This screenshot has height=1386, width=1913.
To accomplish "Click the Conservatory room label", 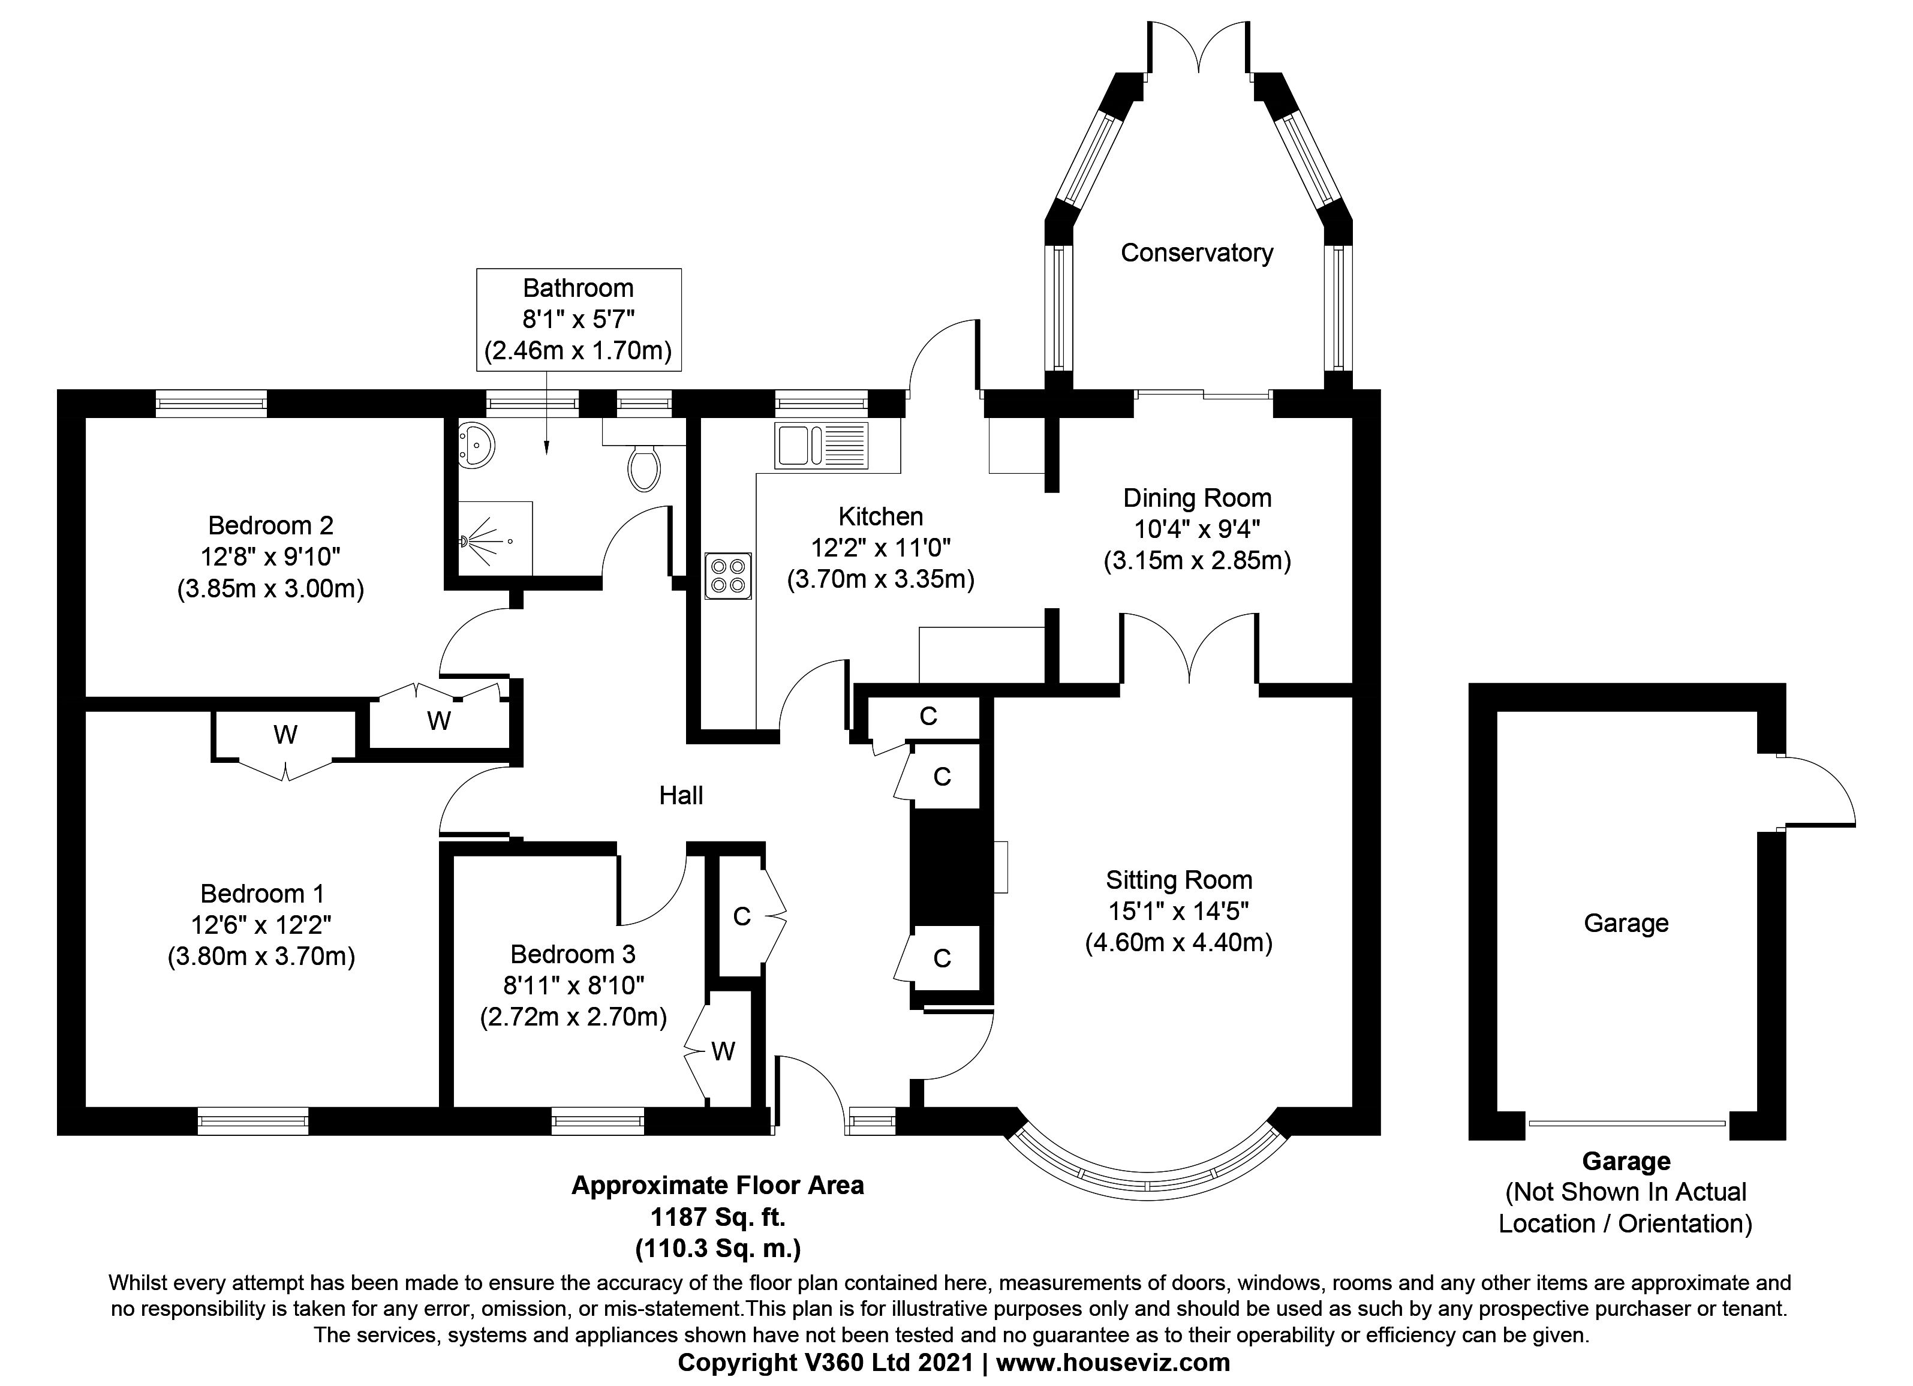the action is click(1196, 252).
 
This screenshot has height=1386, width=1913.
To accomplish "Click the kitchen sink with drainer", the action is click(821, 446).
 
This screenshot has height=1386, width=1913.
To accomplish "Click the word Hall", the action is click(681, 795).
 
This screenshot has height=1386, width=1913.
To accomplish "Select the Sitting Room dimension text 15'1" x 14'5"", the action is click(1178, 911).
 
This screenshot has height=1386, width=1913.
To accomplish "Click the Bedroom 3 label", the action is click(573, 954).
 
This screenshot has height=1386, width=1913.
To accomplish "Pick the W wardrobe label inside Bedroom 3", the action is click(723, 1051).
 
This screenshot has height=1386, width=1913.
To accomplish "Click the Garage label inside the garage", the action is click(1625, 923).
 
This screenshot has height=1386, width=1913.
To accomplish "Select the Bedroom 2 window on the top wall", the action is click(211, 403).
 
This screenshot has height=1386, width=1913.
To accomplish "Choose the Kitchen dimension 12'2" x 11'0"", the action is click(880, 548).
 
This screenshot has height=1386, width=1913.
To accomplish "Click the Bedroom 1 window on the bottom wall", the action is click(253, 1121).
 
